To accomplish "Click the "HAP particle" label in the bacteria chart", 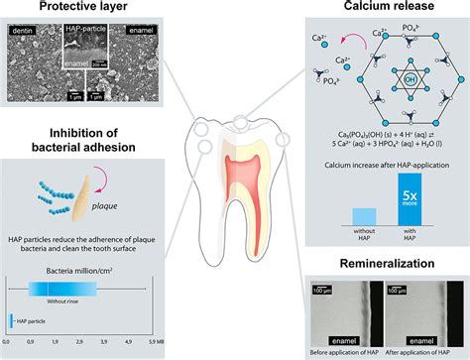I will coord(39,318).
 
